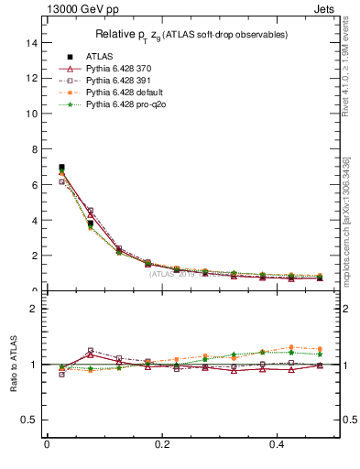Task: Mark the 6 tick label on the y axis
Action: [34, 185]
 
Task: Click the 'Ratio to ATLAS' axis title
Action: [14, 364]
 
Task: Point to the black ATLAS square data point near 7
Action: [61, 168]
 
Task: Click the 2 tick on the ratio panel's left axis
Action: [34, 309]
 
